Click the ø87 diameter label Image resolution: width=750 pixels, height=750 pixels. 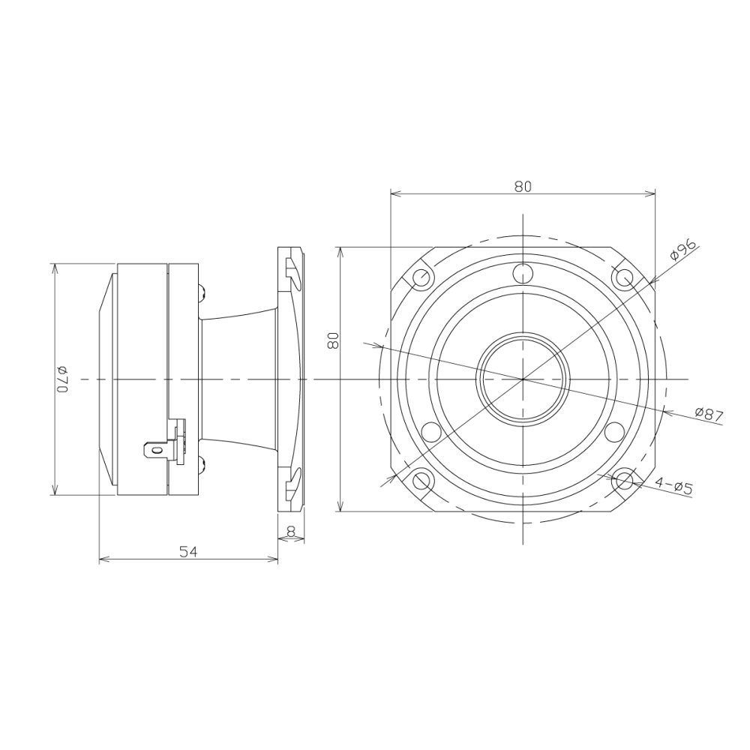[x=709, y=414]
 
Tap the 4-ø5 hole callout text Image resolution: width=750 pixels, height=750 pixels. [x=674, y=486]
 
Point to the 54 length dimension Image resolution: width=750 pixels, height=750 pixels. [x=188, y=552]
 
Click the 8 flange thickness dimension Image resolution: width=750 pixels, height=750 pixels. [x=291, y=530]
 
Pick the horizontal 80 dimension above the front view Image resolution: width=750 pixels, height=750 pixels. [x=523, y=187]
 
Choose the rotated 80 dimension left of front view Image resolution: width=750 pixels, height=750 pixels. [x=334, y=341]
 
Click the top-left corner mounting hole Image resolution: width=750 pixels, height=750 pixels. [x=421, y=277]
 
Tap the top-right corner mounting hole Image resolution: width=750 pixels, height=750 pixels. [x=624, y=277]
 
